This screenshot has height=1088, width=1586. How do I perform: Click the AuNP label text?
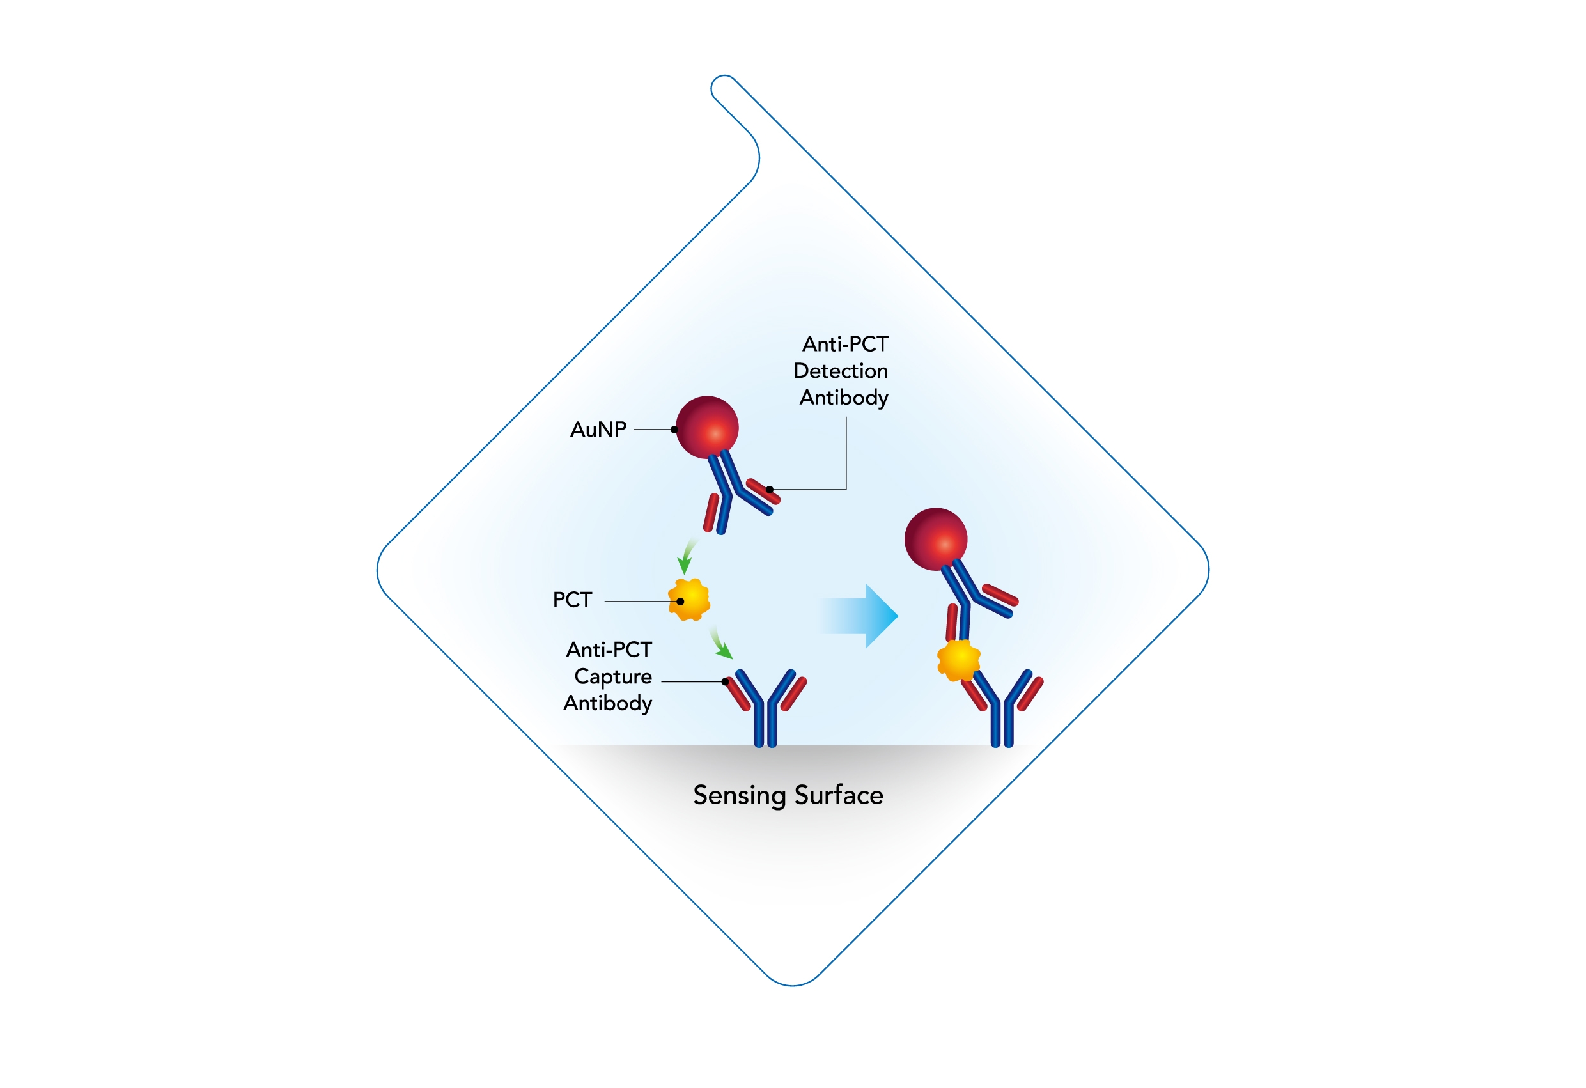(x=598, y=430)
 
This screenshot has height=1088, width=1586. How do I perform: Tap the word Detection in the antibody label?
(x=841, y=371)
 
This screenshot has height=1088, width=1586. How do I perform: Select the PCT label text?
(x=572, y=600)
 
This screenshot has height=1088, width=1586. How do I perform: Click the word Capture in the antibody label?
(x=613, y=677)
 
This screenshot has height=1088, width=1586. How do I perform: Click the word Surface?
(x=839, y=795)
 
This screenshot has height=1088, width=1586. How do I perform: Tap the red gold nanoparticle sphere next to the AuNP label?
(x=707, y=427)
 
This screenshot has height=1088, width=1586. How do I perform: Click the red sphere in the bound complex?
(x=936, y=540)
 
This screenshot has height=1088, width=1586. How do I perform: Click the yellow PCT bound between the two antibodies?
(x=959, y=660)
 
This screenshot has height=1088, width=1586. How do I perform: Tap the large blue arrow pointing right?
(x=859, y=616)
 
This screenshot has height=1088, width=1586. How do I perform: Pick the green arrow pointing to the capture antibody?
(x=720, y=643)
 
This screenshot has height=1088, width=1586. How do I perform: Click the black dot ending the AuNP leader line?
(x=674, y=430)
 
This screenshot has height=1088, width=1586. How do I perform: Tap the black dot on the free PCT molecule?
(x=680, y=602)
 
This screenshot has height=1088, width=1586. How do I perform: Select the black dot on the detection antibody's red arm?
(x=770, y=490)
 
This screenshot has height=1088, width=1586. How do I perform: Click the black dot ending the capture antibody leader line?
(x=726, y=681)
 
